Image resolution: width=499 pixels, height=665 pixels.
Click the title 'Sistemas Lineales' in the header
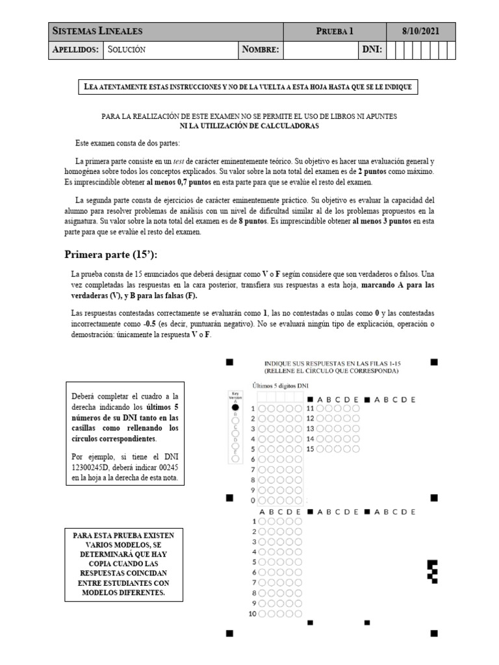click(x=97, y=31)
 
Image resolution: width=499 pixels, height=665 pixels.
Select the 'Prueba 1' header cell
click(x=335, y=31)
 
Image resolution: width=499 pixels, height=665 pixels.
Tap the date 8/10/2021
click(x=420, y=31)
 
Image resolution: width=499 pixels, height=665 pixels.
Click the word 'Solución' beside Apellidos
click(x=127, y=49)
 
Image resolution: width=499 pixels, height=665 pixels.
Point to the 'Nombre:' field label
click(x=260, y=49)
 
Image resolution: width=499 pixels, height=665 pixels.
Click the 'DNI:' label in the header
click(x=372, y=49)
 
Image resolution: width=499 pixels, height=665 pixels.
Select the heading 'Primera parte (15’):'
click(x=111, y=253)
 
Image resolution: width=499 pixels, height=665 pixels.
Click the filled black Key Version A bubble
click(x=235, y=407)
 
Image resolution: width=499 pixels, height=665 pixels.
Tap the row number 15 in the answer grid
click(x=311, y=449)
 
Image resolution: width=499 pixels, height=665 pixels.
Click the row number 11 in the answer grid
click(x=311, y=408)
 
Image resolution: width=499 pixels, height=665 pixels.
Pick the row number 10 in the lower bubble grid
click(x=253, y=614)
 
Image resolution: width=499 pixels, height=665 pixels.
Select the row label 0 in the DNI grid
click(x=253, y=500)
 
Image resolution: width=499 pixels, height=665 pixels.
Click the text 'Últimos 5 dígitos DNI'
click(x=281, y=386)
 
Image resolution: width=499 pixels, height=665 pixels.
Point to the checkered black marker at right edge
click(x=432, y=570)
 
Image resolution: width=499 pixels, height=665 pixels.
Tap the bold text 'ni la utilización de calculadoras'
click(x=249, y=126)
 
